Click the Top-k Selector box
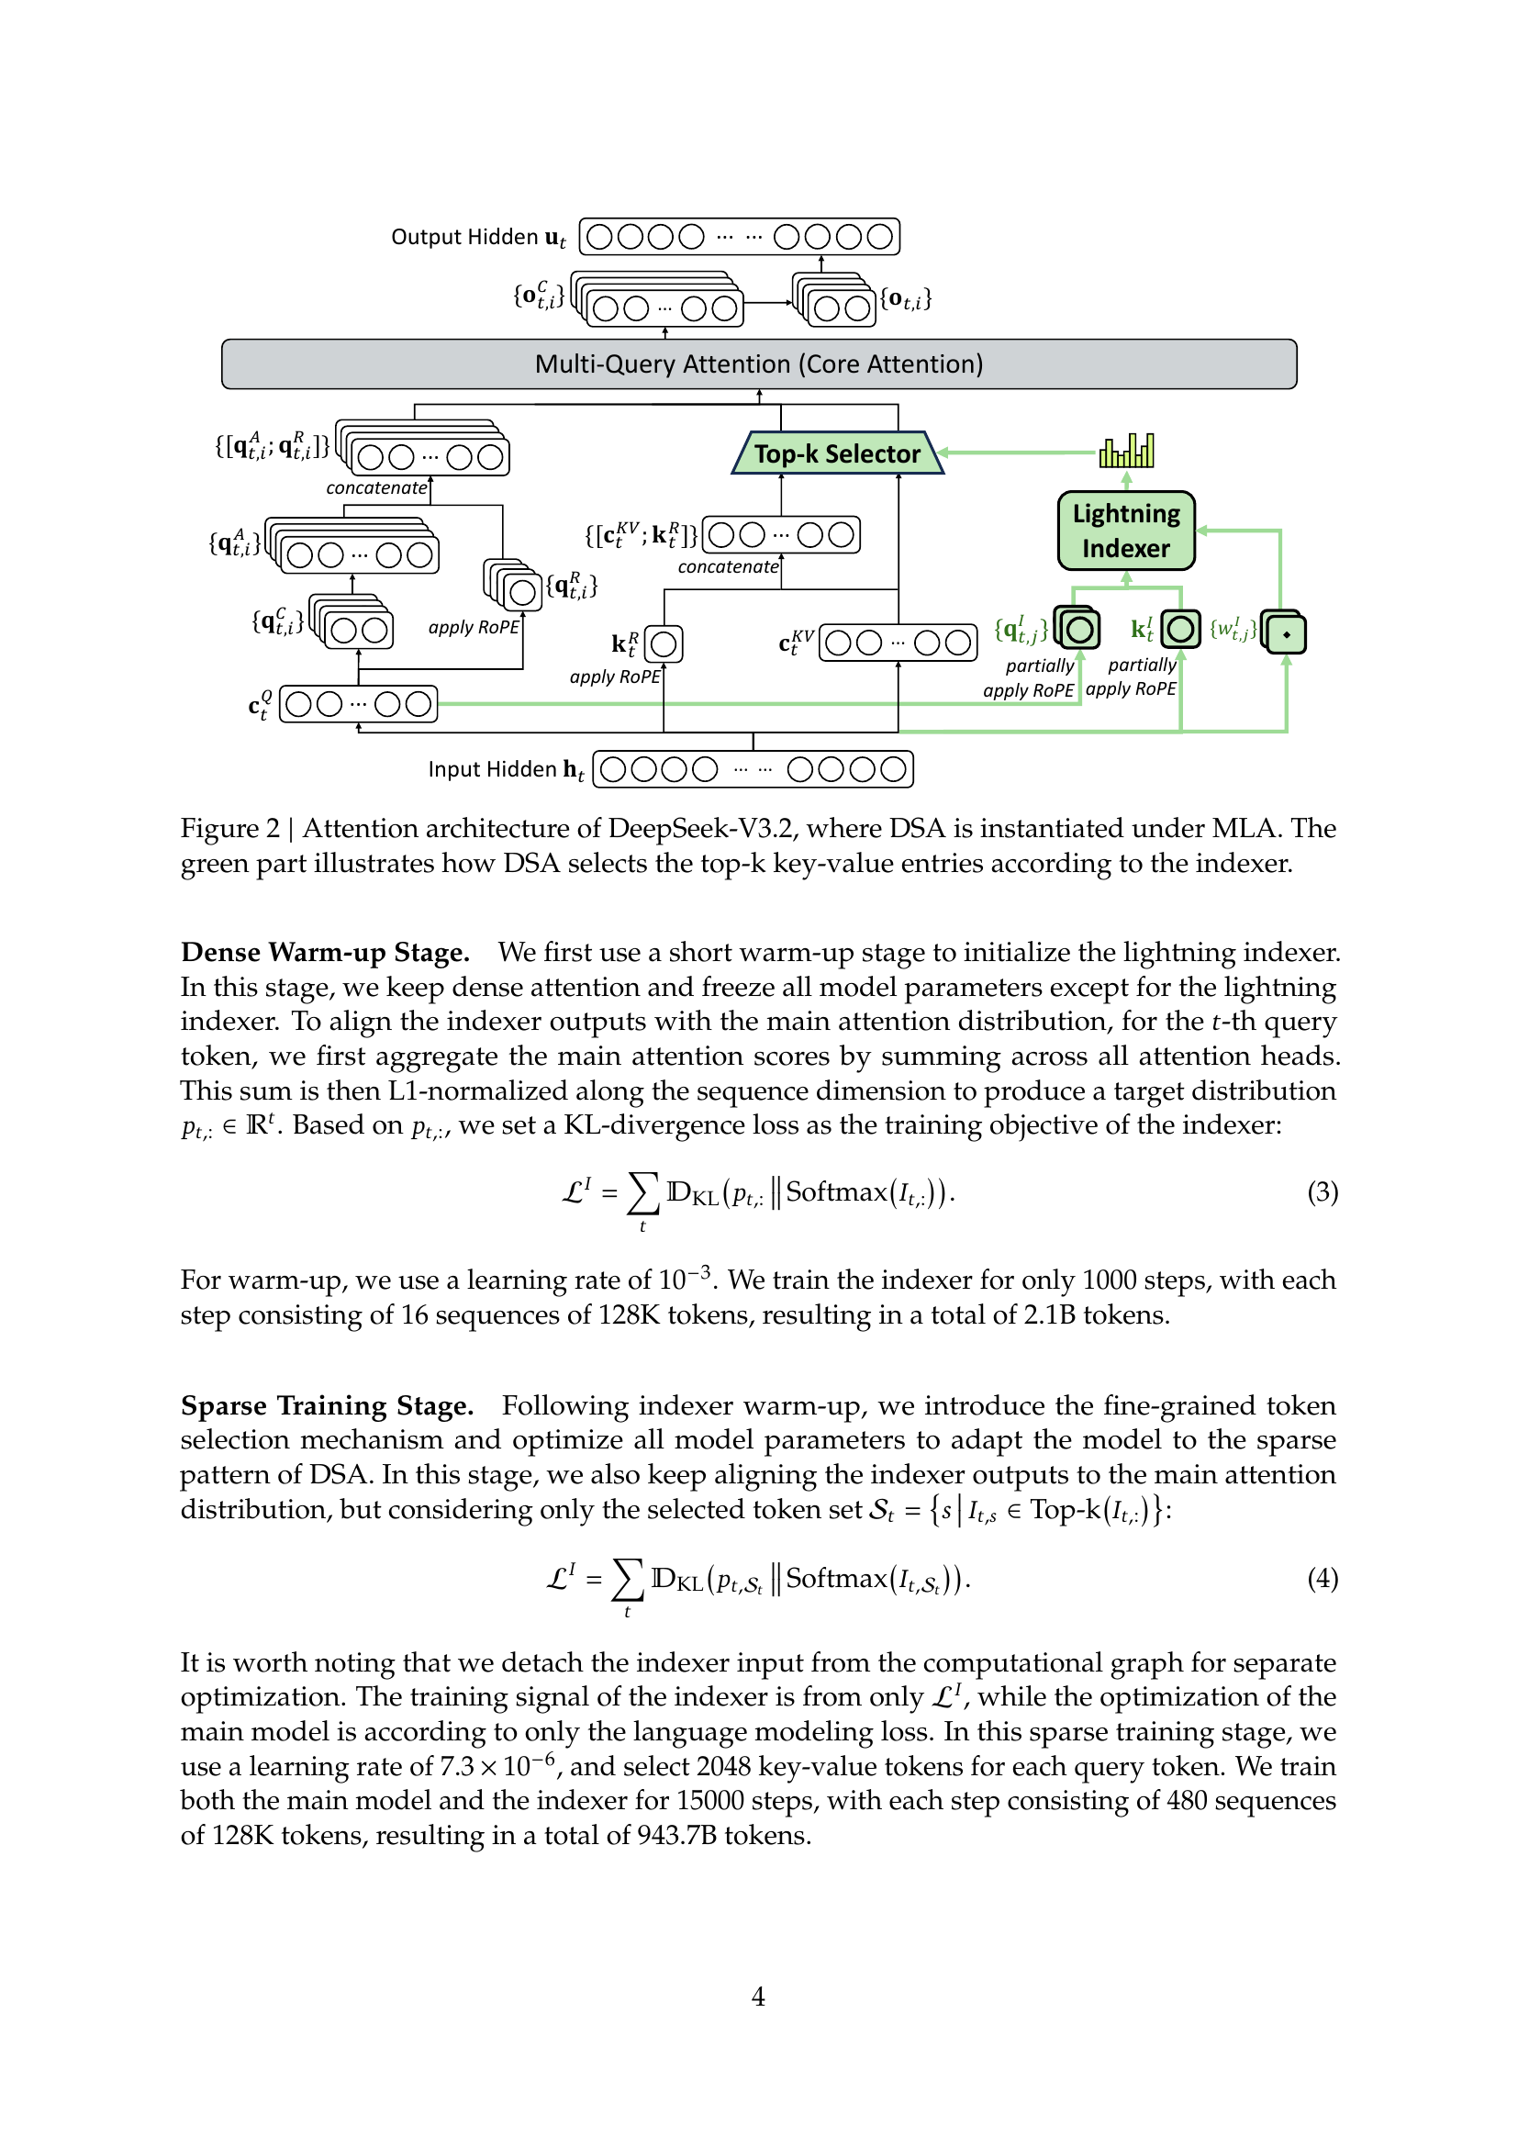[x=837, y=453]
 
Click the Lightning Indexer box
[x=1125, y=531]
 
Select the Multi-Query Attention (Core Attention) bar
[x=758, y=363]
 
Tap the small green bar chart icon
[x=1126, y=451]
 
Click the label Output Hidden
[x=463, y=237]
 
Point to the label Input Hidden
[x=492, y=768]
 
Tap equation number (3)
[x=1322, y=1191]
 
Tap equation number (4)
[x=1322, y=1578]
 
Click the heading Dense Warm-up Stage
[x=324, y=952]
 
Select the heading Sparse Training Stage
[x=326, y=1405]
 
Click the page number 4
[x=758, y=1996]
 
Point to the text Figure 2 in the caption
[x=229, y=829]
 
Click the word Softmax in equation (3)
[x=836, y=1191]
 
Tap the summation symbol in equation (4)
[x=627, y=1580]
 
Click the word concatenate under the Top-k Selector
[x=727, y=566]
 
